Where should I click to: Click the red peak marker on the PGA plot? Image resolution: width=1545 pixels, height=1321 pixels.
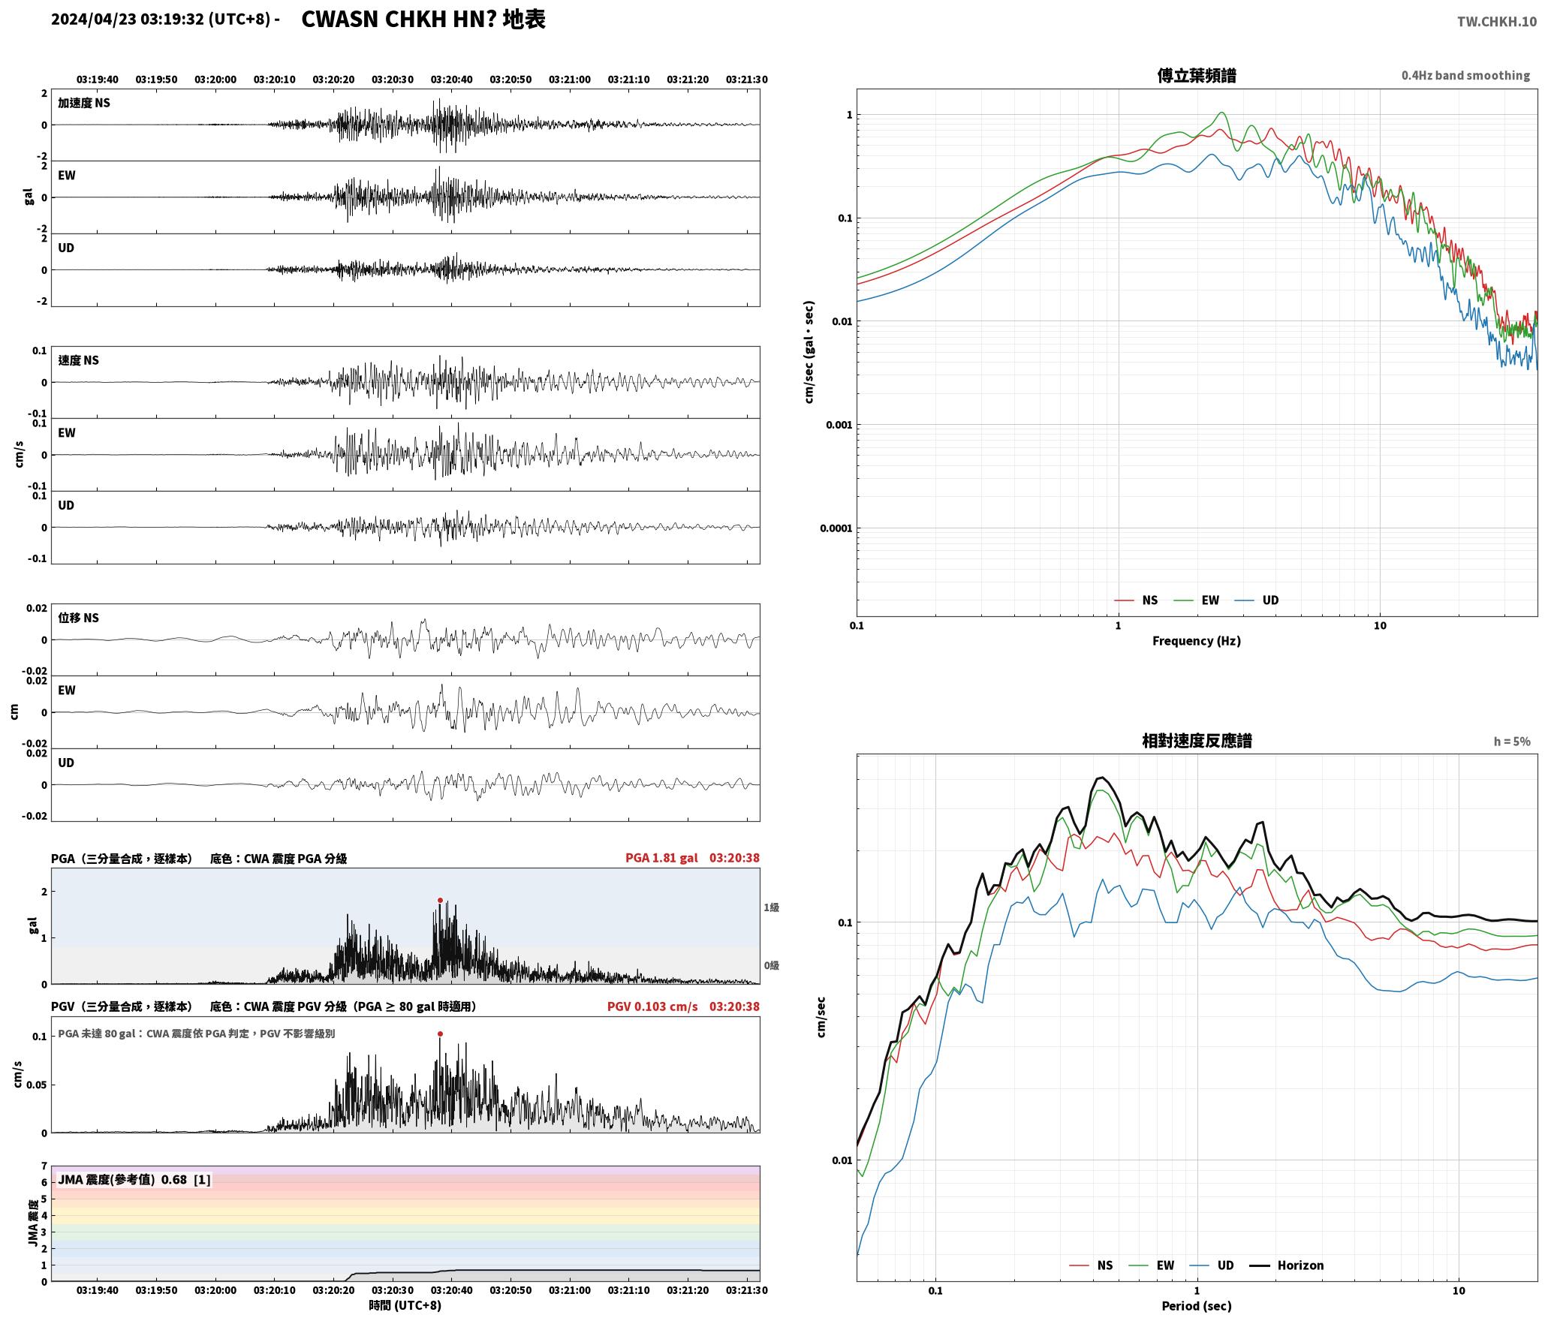tap(440, 900)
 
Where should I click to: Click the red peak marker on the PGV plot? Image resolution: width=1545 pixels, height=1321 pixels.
tap(440, 1034)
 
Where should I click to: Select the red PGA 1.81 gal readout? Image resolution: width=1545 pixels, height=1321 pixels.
tap(661, 858)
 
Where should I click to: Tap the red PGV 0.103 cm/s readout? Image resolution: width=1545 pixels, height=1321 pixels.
tap(652, 1007)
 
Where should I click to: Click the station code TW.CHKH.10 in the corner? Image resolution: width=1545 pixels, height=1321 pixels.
tap(1497, 22)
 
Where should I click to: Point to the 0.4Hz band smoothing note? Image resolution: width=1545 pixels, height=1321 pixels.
tap(1465, 76)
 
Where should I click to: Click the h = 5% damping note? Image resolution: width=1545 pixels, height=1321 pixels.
tap(1512, 742)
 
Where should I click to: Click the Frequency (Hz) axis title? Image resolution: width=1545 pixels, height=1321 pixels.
tap(1197, 641)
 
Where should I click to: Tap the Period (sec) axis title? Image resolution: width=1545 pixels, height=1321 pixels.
tap(1197, 1306)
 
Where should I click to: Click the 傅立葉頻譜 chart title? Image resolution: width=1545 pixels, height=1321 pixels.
tap(1197, 75)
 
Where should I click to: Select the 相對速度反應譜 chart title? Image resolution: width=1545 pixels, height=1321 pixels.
tap(1197, 741)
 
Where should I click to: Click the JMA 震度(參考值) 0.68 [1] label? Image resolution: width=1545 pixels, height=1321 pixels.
tap(134, 1180)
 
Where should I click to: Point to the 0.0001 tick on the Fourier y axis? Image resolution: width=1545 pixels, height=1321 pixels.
tap(836, 528)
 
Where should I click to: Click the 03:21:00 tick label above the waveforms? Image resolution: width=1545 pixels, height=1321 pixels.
tap(570, 80)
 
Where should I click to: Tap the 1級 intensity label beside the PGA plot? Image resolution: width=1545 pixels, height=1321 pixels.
tap(771, 907)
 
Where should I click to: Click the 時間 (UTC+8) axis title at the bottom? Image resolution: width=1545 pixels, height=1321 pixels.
tap(405, 1306)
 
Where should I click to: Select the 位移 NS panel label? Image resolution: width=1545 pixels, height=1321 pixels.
tap(79, 618)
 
